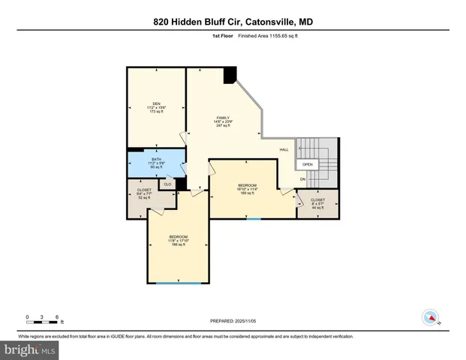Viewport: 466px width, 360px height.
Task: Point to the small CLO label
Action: tap(167, 184)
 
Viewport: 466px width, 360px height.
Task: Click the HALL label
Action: tap(284, 149)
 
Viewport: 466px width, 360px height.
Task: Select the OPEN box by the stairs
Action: tap(308, 164)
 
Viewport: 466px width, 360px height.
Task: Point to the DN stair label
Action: tap(302, 179)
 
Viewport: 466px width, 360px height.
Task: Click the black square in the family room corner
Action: tap(230, 74)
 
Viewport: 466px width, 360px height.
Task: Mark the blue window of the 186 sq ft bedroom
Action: tap(178, 283)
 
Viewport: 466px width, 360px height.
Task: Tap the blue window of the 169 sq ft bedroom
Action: tap(254, 218)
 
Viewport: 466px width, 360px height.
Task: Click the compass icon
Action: tap(430, 317)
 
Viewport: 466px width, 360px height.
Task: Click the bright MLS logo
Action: tap(30, 349)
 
